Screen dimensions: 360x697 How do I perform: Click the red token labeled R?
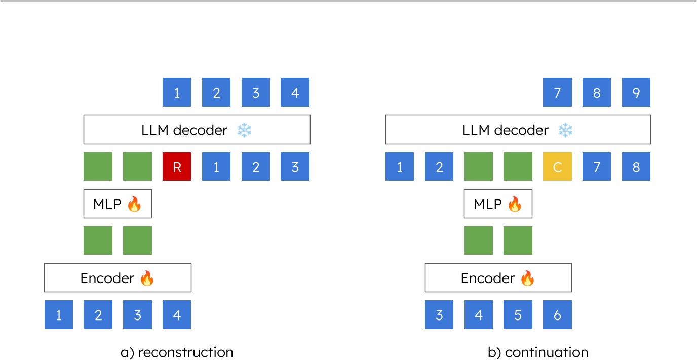177,167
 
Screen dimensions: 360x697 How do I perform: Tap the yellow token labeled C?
557,167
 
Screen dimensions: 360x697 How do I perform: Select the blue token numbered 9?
636,93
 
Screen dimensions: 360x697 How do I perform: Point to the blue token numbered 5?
518,315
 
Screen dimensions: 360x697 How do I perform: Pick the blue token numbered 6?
557,315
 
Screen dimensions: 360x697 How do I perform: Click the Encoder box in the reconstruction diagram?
118,278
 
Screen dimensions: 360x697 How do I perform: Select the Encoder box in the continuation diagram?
498,278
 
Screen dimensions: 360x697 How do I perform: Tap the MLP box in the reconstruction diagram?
118,204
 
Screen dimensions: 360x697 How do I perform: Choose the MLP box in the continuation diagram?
498,204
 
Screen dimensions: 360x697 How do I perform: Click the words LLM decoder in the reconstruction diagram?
184,130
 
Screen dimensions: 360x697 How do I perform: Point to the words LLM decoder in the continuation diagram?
505,130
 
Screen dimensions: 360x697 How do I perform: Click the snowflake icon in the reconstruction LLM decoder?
244,130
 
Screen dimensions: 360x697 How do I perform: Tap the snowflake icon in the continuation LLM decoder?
565,130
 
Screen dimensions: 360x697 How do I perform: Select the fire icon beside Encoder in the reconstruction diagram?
146,278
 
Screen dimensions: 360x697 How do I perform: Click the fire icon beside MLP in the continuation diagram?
514,204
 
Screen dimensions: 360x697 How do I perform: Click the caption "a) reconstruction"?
177,352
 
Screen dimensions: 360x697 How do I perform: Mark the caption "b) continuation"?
537,352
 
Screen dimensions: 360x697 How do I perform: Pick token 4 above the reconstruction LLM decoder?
295,93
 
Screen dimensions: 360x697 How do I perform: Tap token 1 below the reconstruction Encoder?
59,315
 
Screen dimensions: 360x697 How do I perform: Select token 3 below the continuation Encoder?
439,315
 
